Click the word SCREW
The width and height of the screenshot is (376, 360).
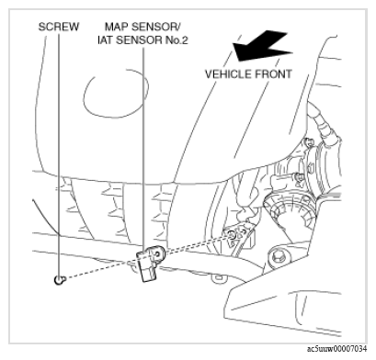click(x=59, y=27)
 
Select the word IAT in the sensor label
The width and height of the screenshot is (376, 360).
click(x=105, y=40)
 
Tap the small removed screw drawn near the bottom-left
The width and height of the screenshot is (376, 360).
click(x=59, y=279)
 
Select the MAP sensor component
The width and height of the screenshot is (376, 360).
click(x=150, y=263)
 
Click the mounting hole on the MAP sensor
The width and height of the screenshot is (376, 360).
click(x=158, y=254)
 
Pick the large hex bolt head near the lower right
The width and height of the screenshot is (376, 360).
click(x=279, y=256)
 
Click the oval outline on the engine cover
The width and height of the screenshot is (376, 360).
click(x=116, y=94)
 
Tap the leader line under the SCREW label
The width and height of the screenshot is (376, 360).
click(x=59, y=154)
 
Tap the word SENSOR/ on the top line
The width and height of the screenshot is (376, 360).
click(x=156, y=27)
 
